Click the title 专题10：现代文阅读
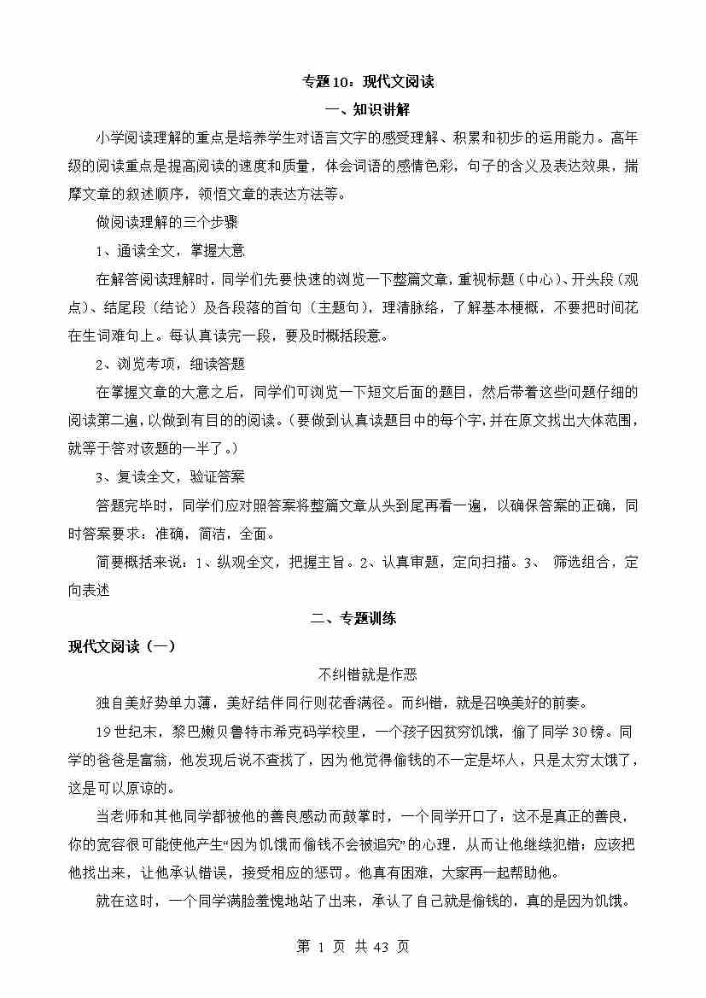point(369,82)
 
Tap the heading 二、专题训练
point(353,619)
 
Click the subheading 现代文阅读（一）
point(122,646)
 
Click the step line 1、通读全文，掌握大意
point(170,250)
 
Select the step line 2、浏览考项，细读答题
point(170,364)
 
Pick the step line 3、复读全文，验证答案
point(170,476)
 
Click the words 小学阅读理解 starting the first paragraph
point(139,137)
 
